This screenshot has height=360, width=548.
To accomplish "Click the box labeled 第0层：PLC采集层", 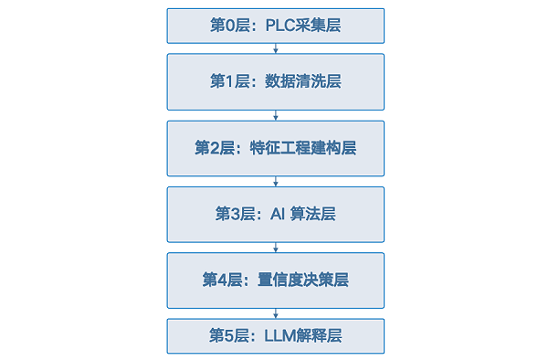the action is (x=276, y=26).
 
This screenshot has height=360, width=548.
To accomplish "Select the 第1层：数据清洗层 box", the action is (x=276, y=82).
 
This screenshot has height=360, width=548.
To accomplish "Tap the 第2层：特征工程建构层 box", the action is (x=276, y=149).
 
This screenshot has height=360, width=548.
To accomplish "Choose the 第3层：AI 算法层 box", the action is (x=276, y=215).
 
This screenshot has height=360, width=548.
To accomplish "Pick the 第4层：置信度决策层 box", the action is (x=276, y=281).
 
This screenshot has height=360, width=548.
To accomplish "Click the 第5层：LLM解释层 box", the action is (x=276, y=336).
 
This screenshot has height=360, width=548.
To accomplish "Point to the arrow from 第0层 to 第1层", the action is (x=276, y=48).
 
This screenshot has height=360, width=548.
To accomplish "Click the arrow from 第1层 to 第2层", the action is (x=276, y=115).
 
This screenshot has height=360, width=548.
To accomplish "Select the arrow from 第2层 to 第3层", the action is (x=276, y=182).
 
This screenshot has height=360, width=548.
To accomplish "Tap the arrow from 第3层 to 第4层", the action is (x=276, y=248).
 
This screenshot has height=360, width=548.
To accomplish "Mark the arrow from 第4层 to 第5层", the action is (x=276, y=313).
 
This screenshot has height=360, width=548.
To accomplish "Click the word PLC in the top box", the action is (x=279, y=26).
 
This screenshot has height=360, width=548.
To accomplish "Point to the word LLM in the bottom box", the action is (x=280, y=336).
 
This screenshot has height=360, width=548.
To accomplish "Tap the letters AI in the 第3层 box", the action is (x=278, y=214).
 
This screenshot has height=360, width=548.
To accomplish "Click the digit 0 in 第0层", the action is (x=229, y=26).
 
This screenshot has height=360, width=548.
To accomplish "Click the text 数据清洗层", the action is (x=302, y=81).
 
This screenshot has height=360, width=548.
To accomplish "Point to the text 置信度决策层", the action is (x=303, y=280).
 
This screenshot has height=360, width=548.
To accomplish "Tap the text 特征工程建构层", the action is (x=303, y=148).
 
